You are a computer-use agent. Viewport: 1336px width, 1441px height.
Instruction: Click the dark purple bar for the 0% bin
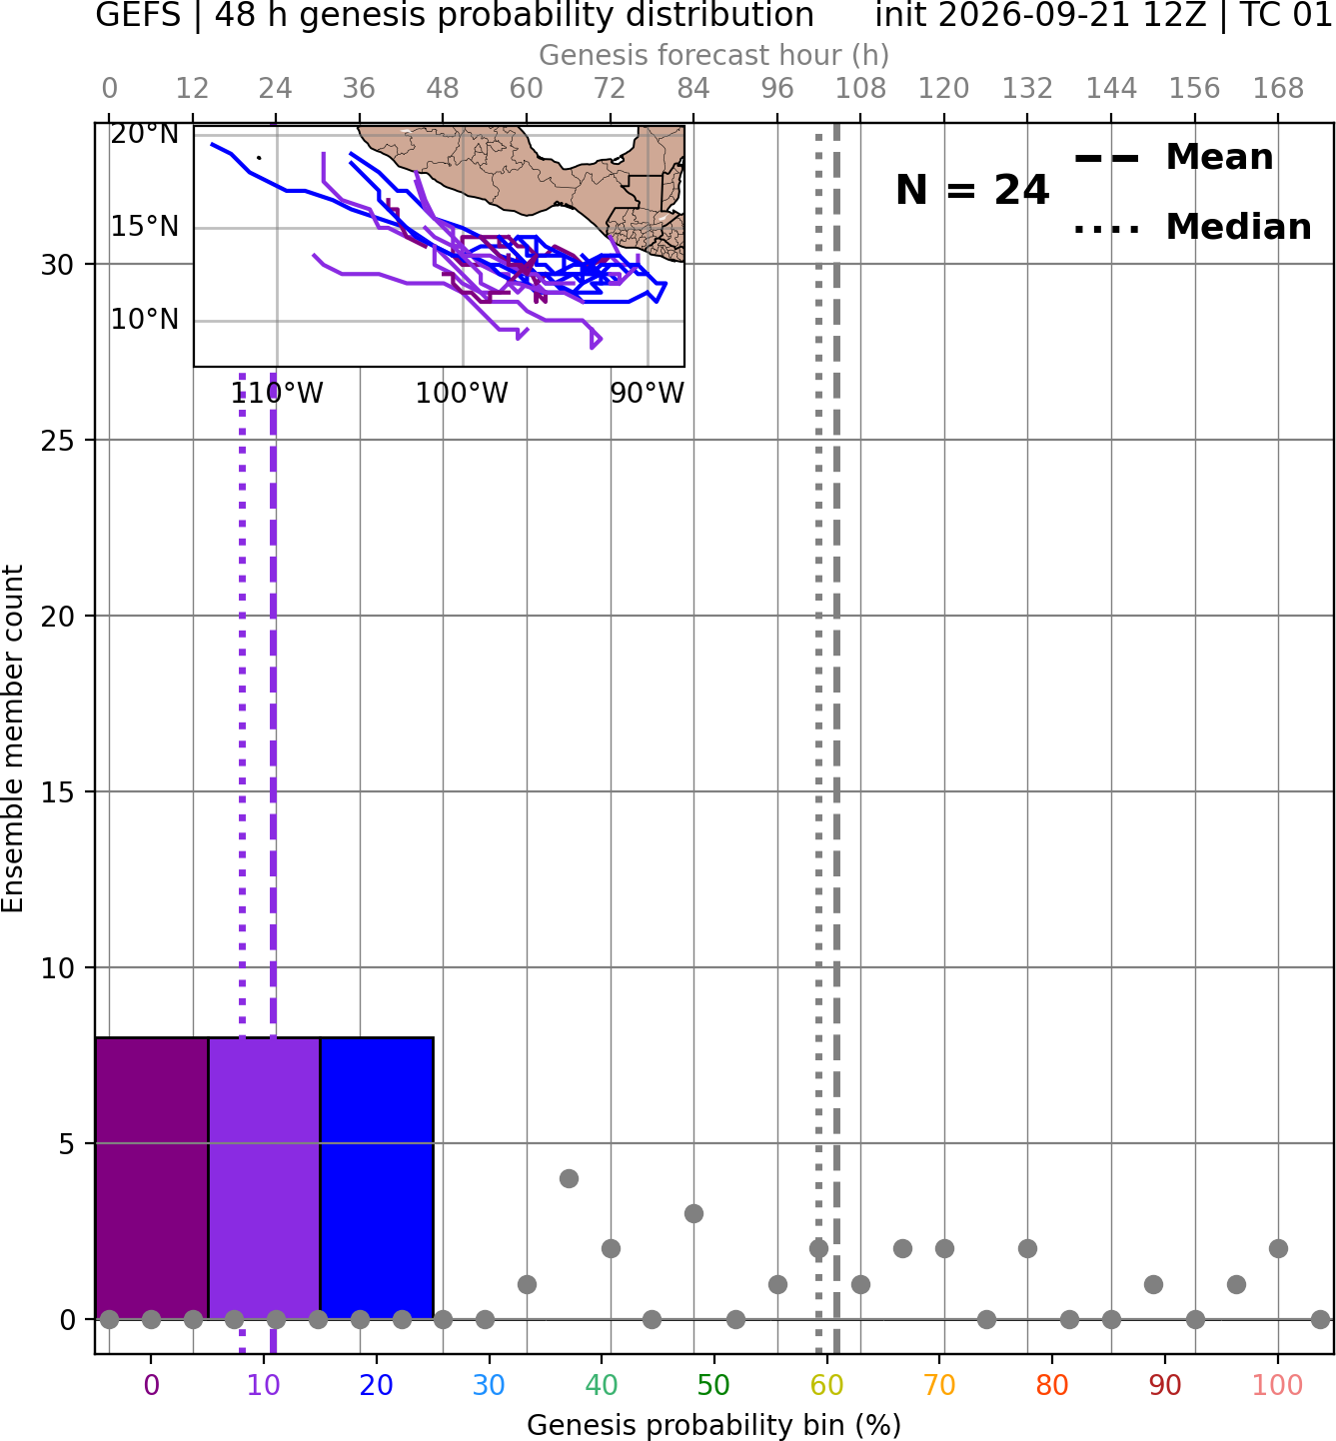click(x=152, y=1178)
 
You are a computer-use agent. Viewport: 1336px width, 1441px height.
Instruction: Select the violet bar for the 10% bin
click(x=264, y=1178)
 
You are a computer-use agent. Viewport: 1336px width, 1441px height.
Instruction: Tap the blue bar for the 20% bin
click(x=377, y=1178)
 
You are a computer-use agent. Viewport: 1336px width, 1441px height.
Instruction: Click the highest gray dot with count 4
click(x=569, y=1178)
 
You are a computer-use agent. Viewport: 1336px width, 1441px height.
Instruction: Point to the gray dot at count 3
click(x=693, y=1214)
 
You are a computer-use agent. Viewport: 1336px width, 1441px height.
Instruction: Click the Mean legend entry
click(x=1173, y=158)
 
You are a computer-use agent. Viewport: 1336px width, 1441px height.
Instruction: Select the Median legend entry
click(x=1192, y=227)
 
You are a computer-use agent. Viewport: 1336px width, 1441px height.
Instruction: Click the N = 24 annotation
click(x=972, y=190)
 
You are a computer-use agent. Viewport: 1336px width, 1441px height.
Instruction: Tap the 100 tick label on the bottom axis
click(x=1277, y=1385)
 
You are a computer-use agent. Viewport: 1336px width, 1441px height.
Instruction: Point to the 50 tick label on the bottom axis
click(x=713, y=1385)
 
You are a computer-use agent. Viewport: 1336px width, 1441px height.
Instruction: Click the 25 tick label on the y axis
click(x=57, y=441)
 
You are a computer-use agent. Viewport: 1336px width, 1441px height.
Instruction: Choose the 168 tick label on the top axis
click(x=1278, y=89)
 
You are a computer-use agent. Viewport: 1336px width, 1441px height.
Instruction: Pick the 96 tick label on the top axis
click(x=777, y=89)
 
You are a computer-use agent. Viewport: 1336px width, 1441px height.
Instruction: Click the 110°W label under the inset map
click(x=277, y=394)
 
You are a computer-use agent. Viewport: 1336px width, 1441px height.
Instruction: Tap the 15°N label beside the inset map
click(x=145, y=227)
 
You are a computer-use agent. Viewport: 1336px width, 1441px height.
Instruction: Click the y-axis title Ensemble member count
click(x=13, y=738)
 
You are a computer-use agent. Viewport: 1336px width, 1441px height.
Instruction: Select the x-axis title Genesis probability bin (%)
click(x=714, y=1425)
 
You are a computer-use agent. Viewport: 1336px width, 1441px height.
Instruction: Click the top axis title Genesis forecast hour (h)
click(x=714, y=55)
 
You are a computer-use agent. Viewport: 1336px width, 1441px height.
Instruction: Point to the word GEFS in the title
click(x=138, y=15)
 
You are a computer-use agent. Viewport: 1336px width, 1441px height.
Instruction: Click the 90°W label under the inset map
click(x=648, y=394)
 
